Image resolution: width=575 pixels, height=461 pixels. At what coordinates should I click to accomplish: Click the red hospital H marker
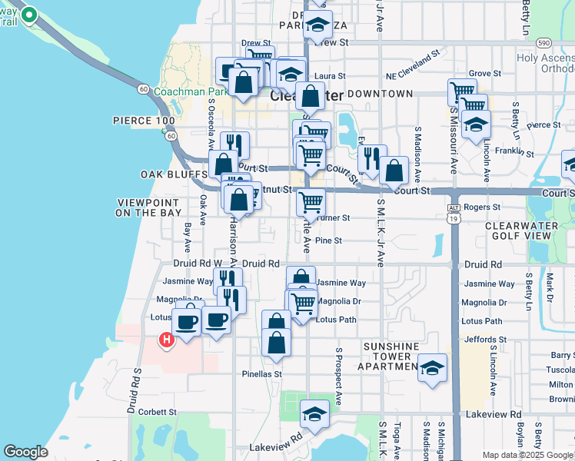[x=165, y=339]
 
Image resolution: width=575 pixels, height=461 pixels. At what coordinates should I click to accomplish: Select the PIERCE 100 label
[x=144, y=121]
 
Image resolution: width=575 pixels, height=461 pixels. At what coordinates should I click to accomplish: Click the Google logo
[x=25, y=452]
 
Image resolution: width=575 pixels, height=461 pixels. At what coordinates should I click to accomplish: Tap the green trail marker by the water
[x=29, y=15]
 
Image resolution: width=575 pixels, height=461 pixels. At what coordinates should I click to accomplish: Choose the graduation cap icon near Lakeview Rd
[x=314, y=414]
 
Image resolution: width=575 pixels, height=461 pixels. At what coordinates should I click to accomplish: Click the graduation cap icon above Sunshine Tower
[x=433, y=368]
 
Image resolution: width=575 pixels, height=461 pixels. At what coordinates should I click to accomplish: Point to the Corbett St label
[x=158, y=412]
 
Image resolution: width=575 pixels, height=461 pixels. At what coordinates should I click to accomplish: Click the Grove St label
[x=485, y=74]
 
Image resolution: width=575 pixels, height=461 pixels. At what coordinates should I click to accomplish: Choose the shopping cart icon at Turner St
[x=311, y=203]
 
